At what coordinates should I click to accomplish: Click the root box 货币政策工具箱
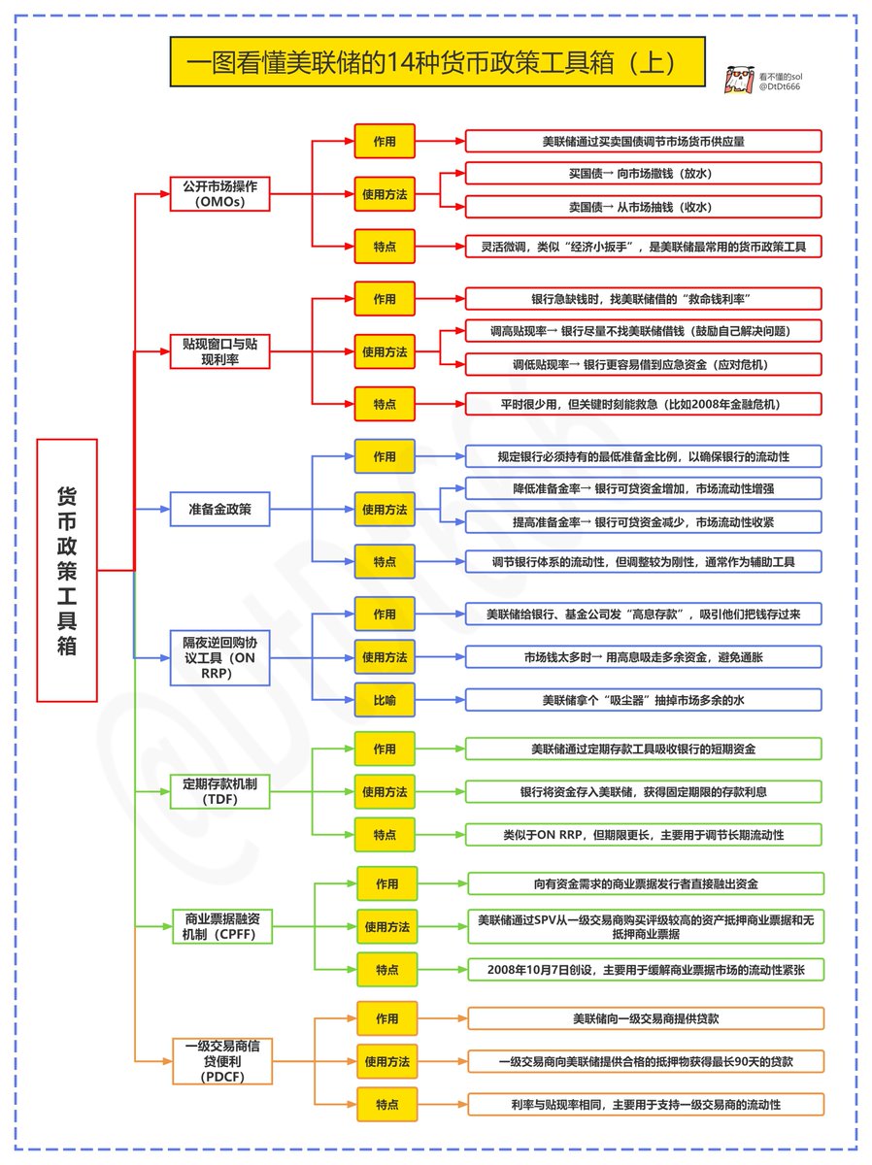pyautogui.click(x=67, y=570)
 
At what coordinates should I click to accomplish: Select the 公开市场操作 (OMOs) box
pyautogui.click(x=219, y=193)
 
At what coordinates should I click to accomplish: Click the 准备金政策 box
pyautogui.click(x=219, y=508)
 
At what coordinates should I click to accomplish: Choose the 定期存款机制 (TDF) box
pyautogui.click(x=219, y=790)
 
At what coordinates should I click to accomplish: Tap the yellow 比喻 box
pyautogui.click(x=385, y=699)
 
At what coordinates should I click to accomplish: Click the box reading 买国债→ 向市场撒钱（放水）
pyautogui.click(x=644, y=173)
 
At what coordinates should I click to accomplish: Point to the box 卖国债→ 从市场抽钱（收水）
pyautogui.click(x=644, y=207)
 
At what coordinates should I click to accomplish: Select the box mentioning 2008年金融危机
pyautogui.click(x=644, y=403)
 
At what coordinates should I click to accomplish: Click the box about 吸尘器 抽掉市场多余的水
pyautogui.click(x=644, y=699)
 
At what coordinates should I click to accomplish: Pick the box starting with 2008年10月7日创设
pyautogui.click(x=646, y=969)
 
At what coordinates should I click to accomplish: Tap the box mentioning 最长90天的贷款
pyautogui.click(x=646, y=1061)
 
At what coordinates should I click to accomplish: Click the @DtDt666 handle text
pyautogui.click(x=781, y=87)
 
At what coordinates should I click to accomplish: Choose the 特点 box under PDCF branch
pyautogui.click(x=386, y=1104)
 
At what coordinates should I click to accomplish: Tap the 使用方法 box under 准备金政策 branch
pyautogui.click(x=385, y=509)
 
